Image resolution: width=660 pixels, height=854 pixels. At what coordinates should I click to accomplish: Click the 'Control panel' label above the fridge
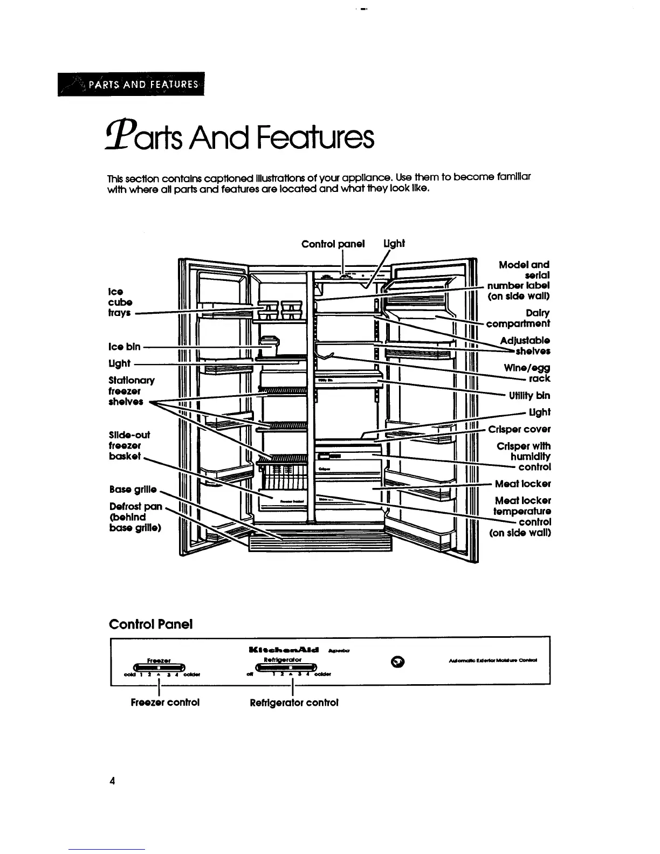333,244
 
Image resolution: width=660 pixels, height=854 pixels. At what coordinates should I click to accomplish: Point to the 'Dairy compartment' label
518,319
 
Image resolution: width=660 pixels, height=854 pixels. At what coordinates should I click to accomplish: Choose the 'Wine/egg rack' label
527,373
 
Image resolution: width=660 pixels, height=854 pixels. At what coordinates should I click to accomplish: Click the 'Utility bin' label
530,396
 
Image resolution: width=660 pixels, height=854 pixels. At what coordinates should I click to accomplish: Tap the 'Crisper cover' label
519,429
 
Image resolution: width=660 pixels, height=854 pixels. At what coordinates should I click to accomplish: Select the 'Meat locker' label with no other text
522,484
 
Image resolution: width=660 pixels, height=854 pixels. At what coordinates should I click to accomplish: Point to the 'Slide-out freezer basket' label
129,445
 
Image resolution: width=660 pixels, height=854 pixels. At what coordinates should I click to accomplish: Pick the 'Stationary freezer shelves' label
131,391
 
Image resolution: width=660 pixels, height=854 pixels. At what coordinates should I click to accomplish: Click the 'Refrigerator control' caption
294,703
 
